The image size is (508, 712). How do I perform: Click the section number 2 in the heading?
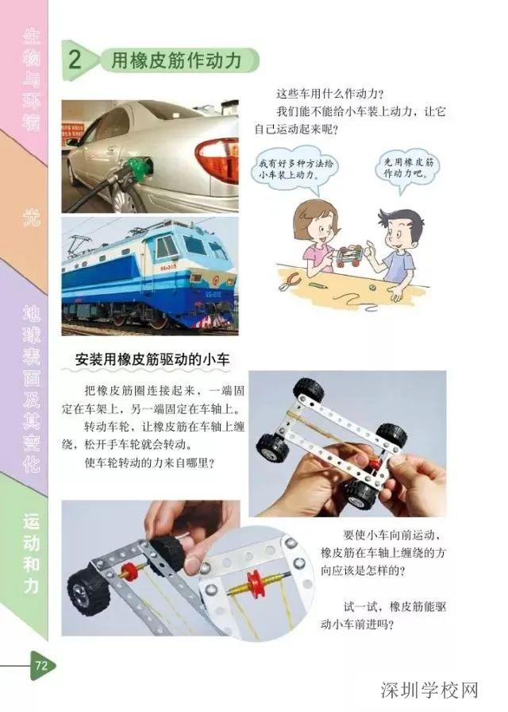click(x=75, y=60)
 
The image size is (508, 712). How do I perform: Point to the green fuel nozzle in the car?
click(x=140, y=167)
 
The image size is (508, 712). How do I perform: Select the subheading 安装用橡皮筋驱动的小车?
click(x=152, y=359)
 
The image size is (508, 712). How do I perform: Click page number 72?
click(x=40, y=667)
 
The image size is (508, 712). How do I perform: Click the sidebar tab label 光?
click(x=30, y=215)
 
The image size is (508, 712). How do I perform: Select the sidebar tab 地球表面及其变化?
click(x=30, y=389)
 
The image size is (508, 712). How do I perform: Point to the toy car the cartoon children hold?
click(x=348, y=256)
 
